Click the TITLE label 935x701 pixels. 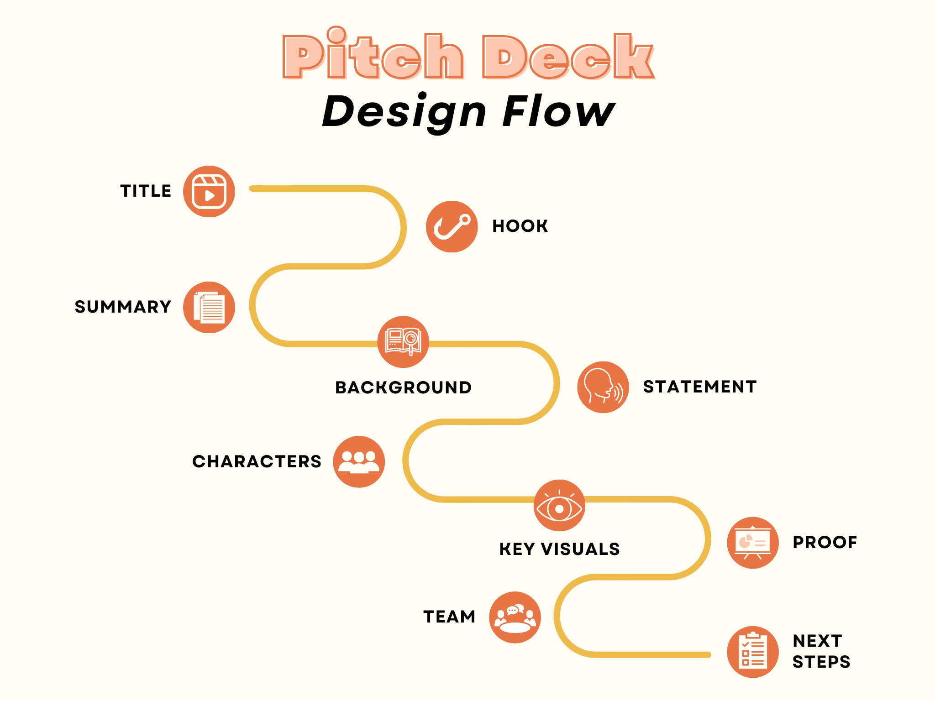(146, 191)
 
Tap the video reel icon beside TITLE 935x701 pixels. (209, 191)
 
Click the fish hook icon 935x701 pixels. (452, 226)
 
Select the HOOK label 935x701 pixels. (520, 226)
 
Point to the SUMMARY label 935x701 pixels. (123, 307)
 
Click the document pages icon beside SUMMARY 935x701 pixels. (209, 307)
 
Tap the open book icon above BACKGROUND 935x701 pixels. (403, 342)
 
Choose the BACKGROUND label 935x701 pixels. (403, 387)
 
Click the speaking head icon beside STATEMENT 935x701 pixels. (603, 387)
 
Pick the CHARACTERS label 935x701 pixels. (257, 461)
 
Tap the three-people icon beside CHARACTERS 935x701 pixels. (359, 461)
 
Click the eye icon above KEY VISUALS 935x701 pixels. (559, 506)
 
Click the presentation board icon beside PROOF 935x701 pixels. (752, 543)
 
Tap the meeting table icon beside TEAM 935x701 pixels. (515, 617)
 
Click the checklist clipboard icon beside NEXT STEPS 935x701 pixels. (752, 652)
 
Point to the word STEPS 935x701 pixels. (821, 662)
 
